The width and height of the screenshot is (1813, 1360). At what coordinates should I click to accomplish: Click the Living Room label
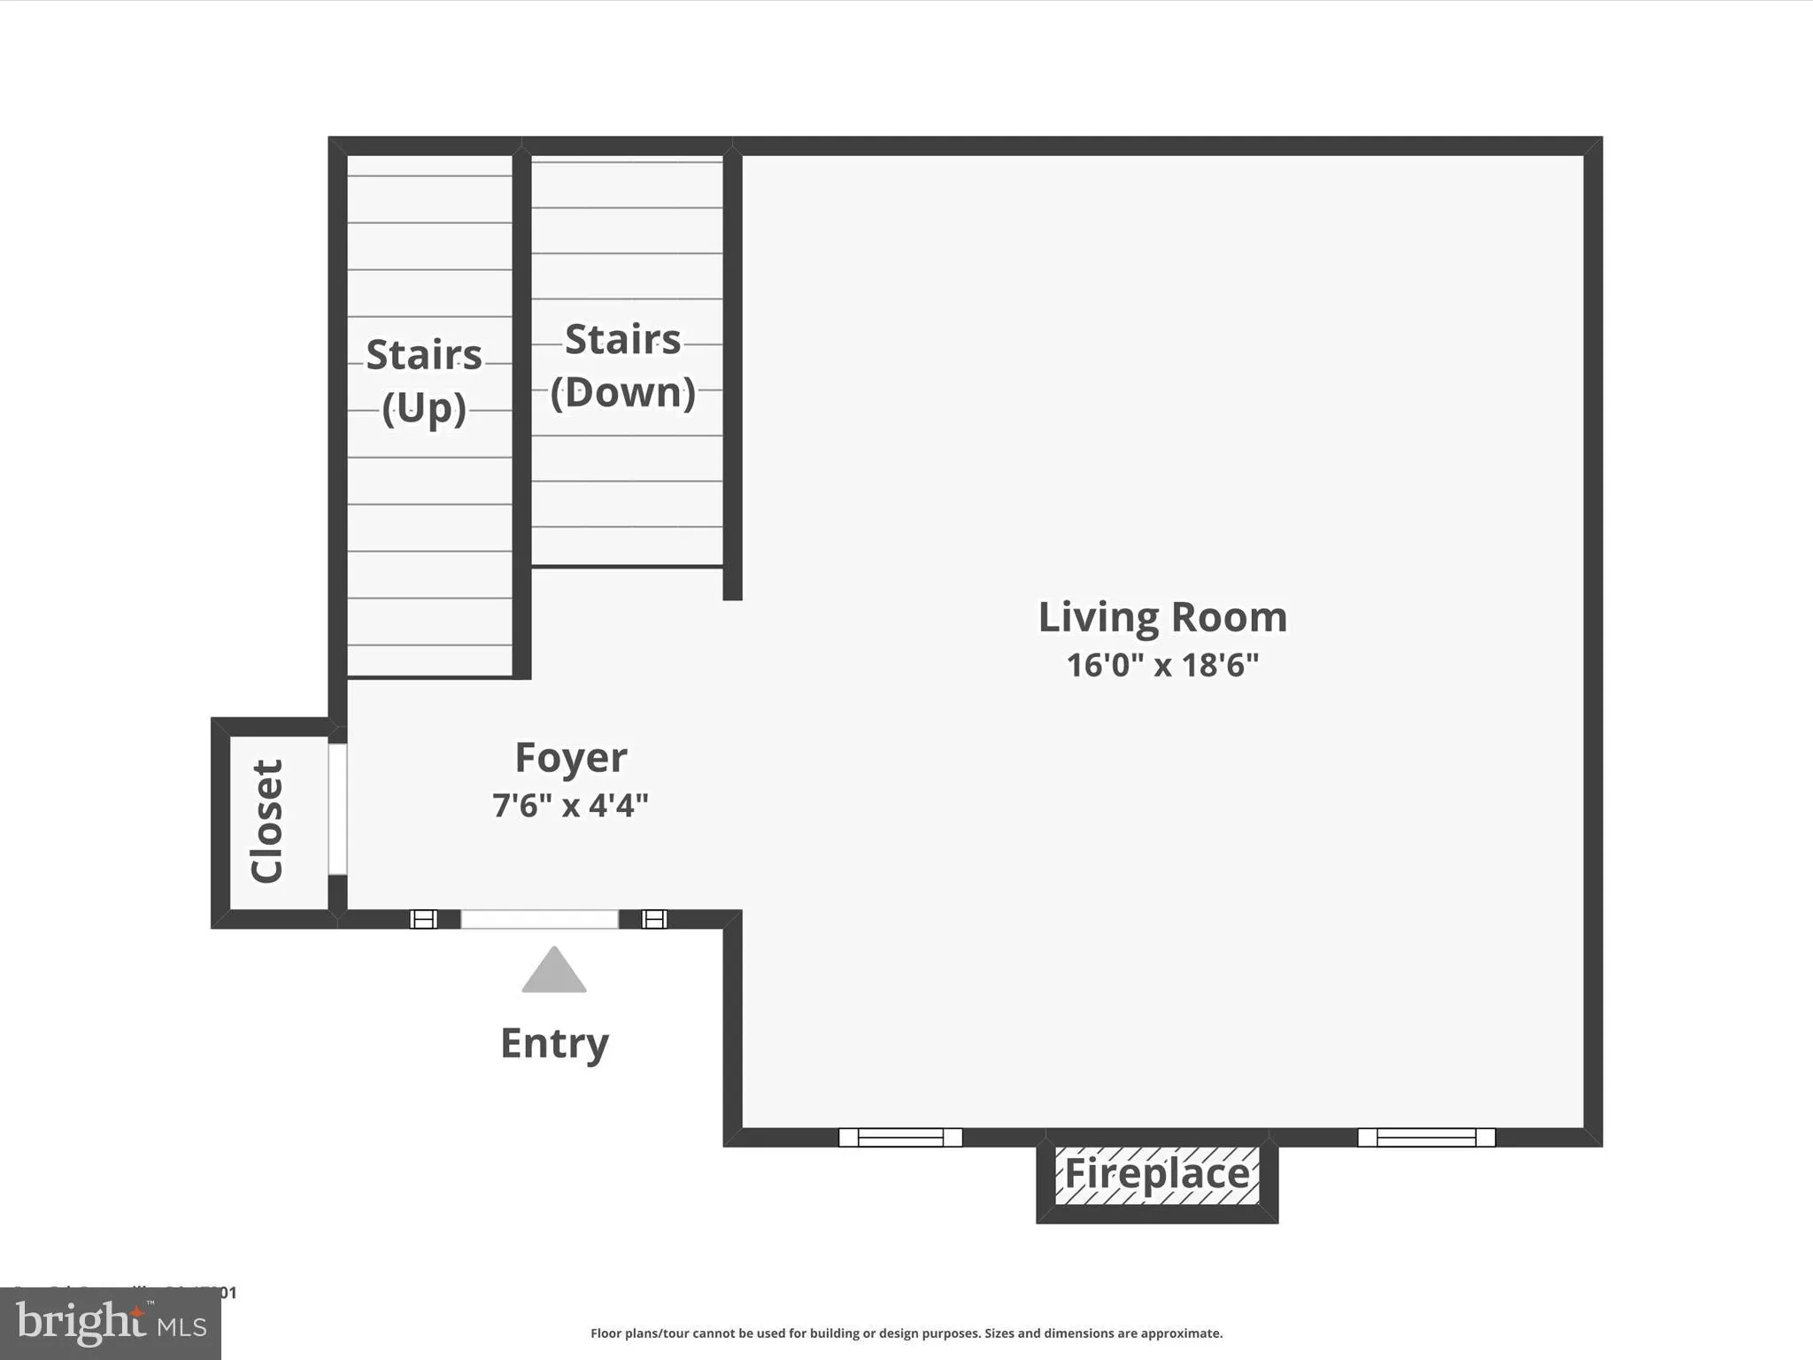1161,617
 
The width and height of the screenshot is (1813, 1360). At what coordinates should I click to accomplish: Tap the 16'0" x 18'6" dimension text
1161,665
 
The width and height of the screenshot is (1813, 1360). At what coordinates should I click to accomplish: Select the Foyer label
571,758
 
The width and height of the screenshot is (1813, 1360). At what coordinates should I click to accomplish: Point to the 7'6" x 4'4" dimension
571,806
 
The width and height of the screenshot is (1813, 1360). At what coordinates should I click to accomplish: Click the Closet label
266,821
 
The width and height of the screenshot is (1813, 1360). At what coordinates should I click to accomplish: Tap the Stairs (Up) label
424,381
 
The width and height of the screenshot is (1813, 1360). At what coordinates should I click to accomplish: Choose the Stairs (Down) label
622,366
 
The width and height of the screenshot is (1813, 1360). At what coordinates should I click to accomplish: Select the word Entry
554,1043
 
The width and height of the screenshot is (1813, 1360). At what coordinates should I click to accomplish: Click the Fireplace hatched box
1156,1175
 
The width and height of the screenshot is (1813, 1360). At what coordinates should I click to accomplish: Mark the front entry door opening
539,919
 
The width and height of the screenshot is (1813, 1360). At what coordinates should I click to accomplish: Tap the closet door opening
337,809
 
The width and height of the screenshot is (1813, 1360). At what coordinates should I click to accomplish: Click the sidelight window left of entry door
424,919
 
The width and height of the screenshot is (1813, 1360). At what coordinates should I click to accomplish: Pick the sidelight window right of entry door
653,919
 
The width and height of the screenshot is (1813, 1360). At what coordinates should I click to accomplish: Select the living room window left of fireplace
900,1137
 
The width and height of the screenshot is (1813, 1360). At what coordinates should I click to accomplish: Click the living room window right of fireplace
1426,1137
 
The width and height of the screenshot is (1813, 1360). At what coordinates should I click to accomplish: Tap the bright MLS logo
111,1325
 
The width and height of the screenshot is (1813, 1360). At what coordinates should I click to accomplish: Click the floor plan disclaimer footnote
906,1333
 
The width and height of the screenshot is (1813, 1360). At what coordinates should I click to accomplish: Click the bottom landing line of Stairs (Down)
627,566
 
